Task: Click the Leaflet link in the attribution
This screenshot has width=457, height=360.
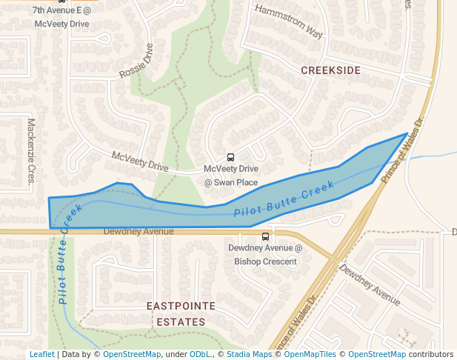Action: [x=41, y=355]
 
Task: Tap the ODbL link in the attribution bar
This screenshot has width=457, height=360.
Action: [x=200, y=355]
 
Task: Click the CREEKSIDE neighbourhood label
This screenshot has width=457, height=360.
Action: [x=330, y=70]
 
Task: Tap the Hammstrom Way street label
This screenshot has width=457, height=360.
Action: [x=289, y=21]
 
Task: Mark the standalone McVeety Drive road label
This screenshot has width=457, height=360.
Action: [x=140, y=161]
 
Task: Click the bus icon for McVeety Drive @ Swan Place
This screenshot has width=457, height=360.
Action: [x=230, y=157]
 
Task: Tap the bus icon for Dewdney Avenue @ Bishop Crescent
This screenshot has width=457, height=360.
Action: [x=266, y=236]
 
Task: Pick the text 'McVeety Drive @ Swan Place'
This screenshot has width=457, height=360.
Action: [x=231, y=176]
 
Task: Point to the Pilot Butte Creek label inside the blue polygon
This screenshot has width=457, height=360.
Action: [x=284, y=200]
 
